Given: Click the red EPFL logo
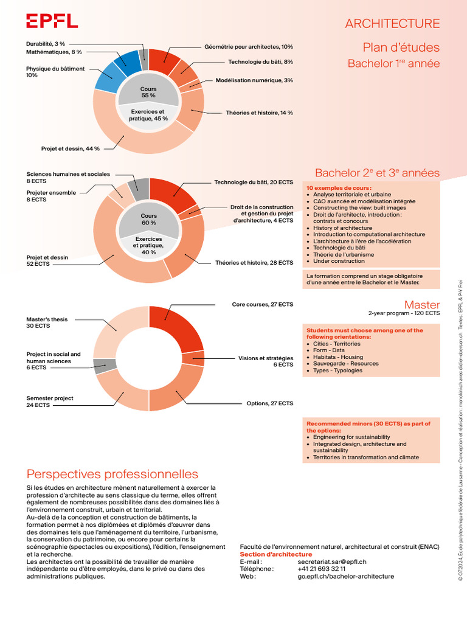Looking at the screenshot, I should (52, 21).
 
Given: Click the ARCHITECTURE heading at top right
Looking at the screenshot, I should (392, 24).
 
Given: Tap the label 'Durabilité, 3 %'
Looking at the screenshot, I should (46, 44).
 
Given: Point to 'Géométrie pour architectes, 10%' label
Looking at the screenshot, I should (249, 47).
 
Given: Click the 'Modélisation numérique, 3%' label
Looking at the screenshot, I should (254, 80).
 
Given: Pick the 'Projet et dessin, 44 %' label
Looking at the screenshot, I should (71, 148).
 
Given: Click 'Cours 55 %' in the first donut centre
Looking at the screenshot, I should (148, 92).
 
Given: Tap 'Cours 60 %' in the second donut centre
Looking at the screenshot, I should (149, 220).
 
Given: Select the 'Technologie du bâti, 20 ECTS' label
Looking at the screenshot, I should (254, 183).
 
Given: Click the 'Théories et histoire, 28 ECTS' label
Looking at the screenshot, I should (254, 263).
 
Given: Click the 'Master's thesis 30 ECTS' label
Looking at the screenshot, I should (47, 322).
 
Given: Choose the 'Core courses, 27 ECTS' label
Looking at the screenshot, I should (262, 304).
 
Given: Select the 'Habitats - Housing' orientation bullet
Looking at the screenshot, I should (337, 357).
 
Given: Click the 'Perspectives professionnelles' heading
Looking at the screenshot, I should (112, 474).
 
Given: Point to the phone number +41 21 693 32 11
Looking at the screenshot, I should (322, 569).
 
